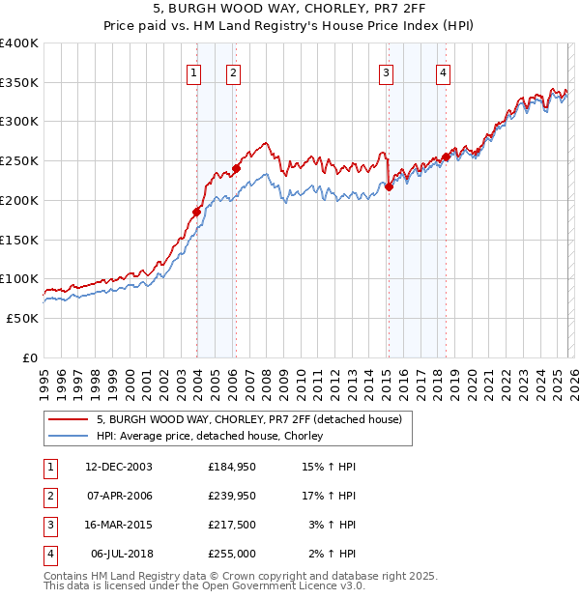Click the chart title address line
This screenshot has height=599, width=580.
290,11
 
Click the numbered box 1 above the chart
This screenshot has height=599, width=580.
194,71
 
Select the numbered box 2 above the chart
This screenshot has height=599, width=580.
234,71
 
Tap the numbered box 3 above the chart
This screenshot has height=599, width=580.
386,71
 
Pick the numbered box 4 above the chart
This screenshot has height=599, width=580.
443,71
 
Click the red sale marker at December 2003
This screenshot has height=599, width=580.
196,212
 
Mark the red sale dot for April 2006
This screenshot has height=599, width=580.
236,168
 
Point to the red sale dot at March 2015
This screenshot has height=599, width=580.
389,186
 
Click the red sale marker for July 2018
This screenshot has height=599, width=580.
446,157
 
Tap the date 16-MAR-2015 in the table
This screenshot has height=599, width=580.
118,525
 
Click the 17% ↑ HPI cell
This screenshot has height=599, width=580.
329,496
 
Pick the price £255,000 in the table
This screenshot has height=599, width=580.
232,554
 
